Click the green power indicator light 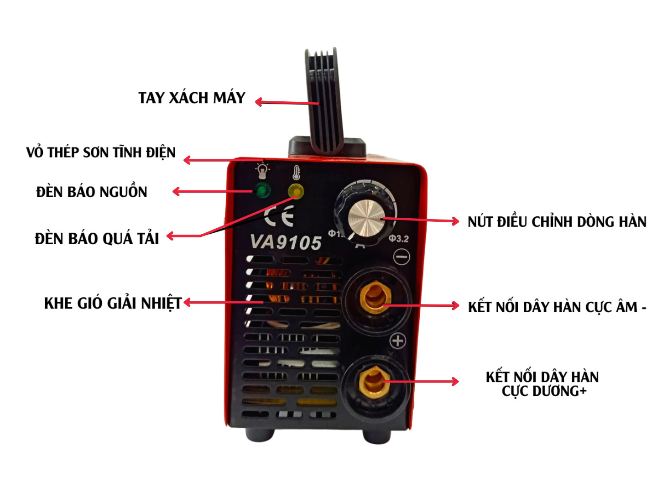pyautogui.click(x=262, y=190)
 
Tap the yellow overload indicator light pyautogui.click(x=296, y=191)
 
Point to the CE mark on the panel pyautogui.click(x=279, y=216)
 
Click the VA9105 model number pyautogui.click(x=286, y=242)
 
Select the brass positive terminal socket pyautogui.click(x=374, y=382)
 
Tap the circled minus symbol pyautogui.click(x=401, y=257)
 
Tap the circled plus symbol pyautogui.click(x=398, y=341)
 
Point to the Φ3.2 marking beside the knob pyautogui.click(x=398, y=239)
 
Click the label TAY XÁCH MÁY pyautogui.click(x=192, y=98)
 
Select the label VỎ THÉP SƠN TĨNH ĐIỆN pyautogui.click(x=101, y=152)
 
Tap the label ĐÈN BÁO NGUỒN pyautogui.click(x=92, y=192)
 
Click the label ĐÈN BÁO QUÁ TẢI pyautogui.click(x=97, y=239)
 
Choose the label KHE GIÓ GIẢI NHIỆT pyautogui.click(x=113, y=304)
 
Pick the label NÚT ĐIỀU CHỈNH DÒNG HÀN pyautogui.click(x=557, y=222)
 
